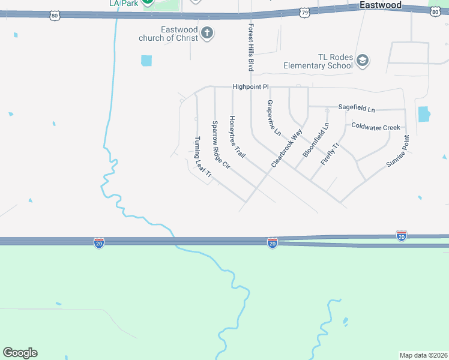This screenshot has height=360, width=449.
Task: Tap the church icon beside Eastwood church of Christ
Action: coord(206,32)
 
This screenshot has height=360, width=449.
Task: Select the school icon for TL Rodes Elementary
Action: coord(362,60)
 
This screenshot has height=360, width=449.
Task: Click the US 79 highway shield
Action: coord(304,12)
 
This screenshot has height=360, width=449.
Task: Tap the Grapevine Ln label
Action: coord(273,118)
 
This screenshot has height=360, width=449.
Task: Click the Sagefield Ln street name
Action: coord(356,109)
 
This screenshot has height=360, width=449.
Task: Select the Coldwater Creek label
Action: coord(375,127)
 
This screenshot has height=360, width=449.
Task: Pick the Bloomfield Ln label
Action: coord(316,140)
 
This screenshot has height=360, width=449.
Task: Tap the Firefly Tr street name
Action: coord(330,154)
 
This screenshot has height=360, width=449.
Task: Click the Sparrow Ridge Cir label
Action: coord(220,145)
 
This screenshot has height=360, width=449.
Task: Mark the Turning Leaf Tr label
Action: coord(202,157)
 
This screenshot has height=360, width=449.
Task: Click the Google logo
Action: coord(20,353)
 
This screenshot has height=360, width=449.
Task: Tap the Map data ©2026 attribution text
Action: coord(423,355)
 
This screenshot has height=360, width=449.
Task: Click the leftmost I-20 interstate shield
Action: coord(99,242)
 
